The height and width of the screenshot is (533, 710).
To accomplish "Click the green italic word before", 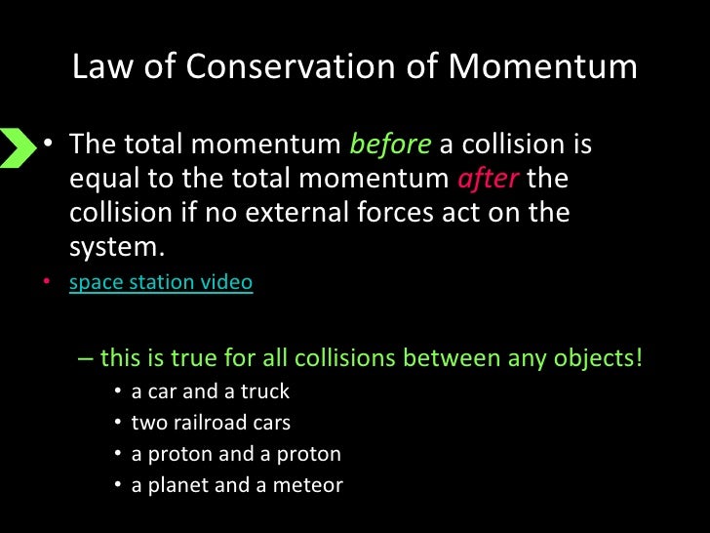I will (390, 144).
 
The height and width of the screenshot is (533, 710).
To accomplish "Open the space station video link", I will (161, 283).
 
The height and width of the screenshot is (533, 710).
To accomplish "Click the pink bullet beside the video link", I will (45, 284).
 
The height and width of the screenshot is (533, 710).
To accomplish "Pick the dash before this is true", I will (84, 358).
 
